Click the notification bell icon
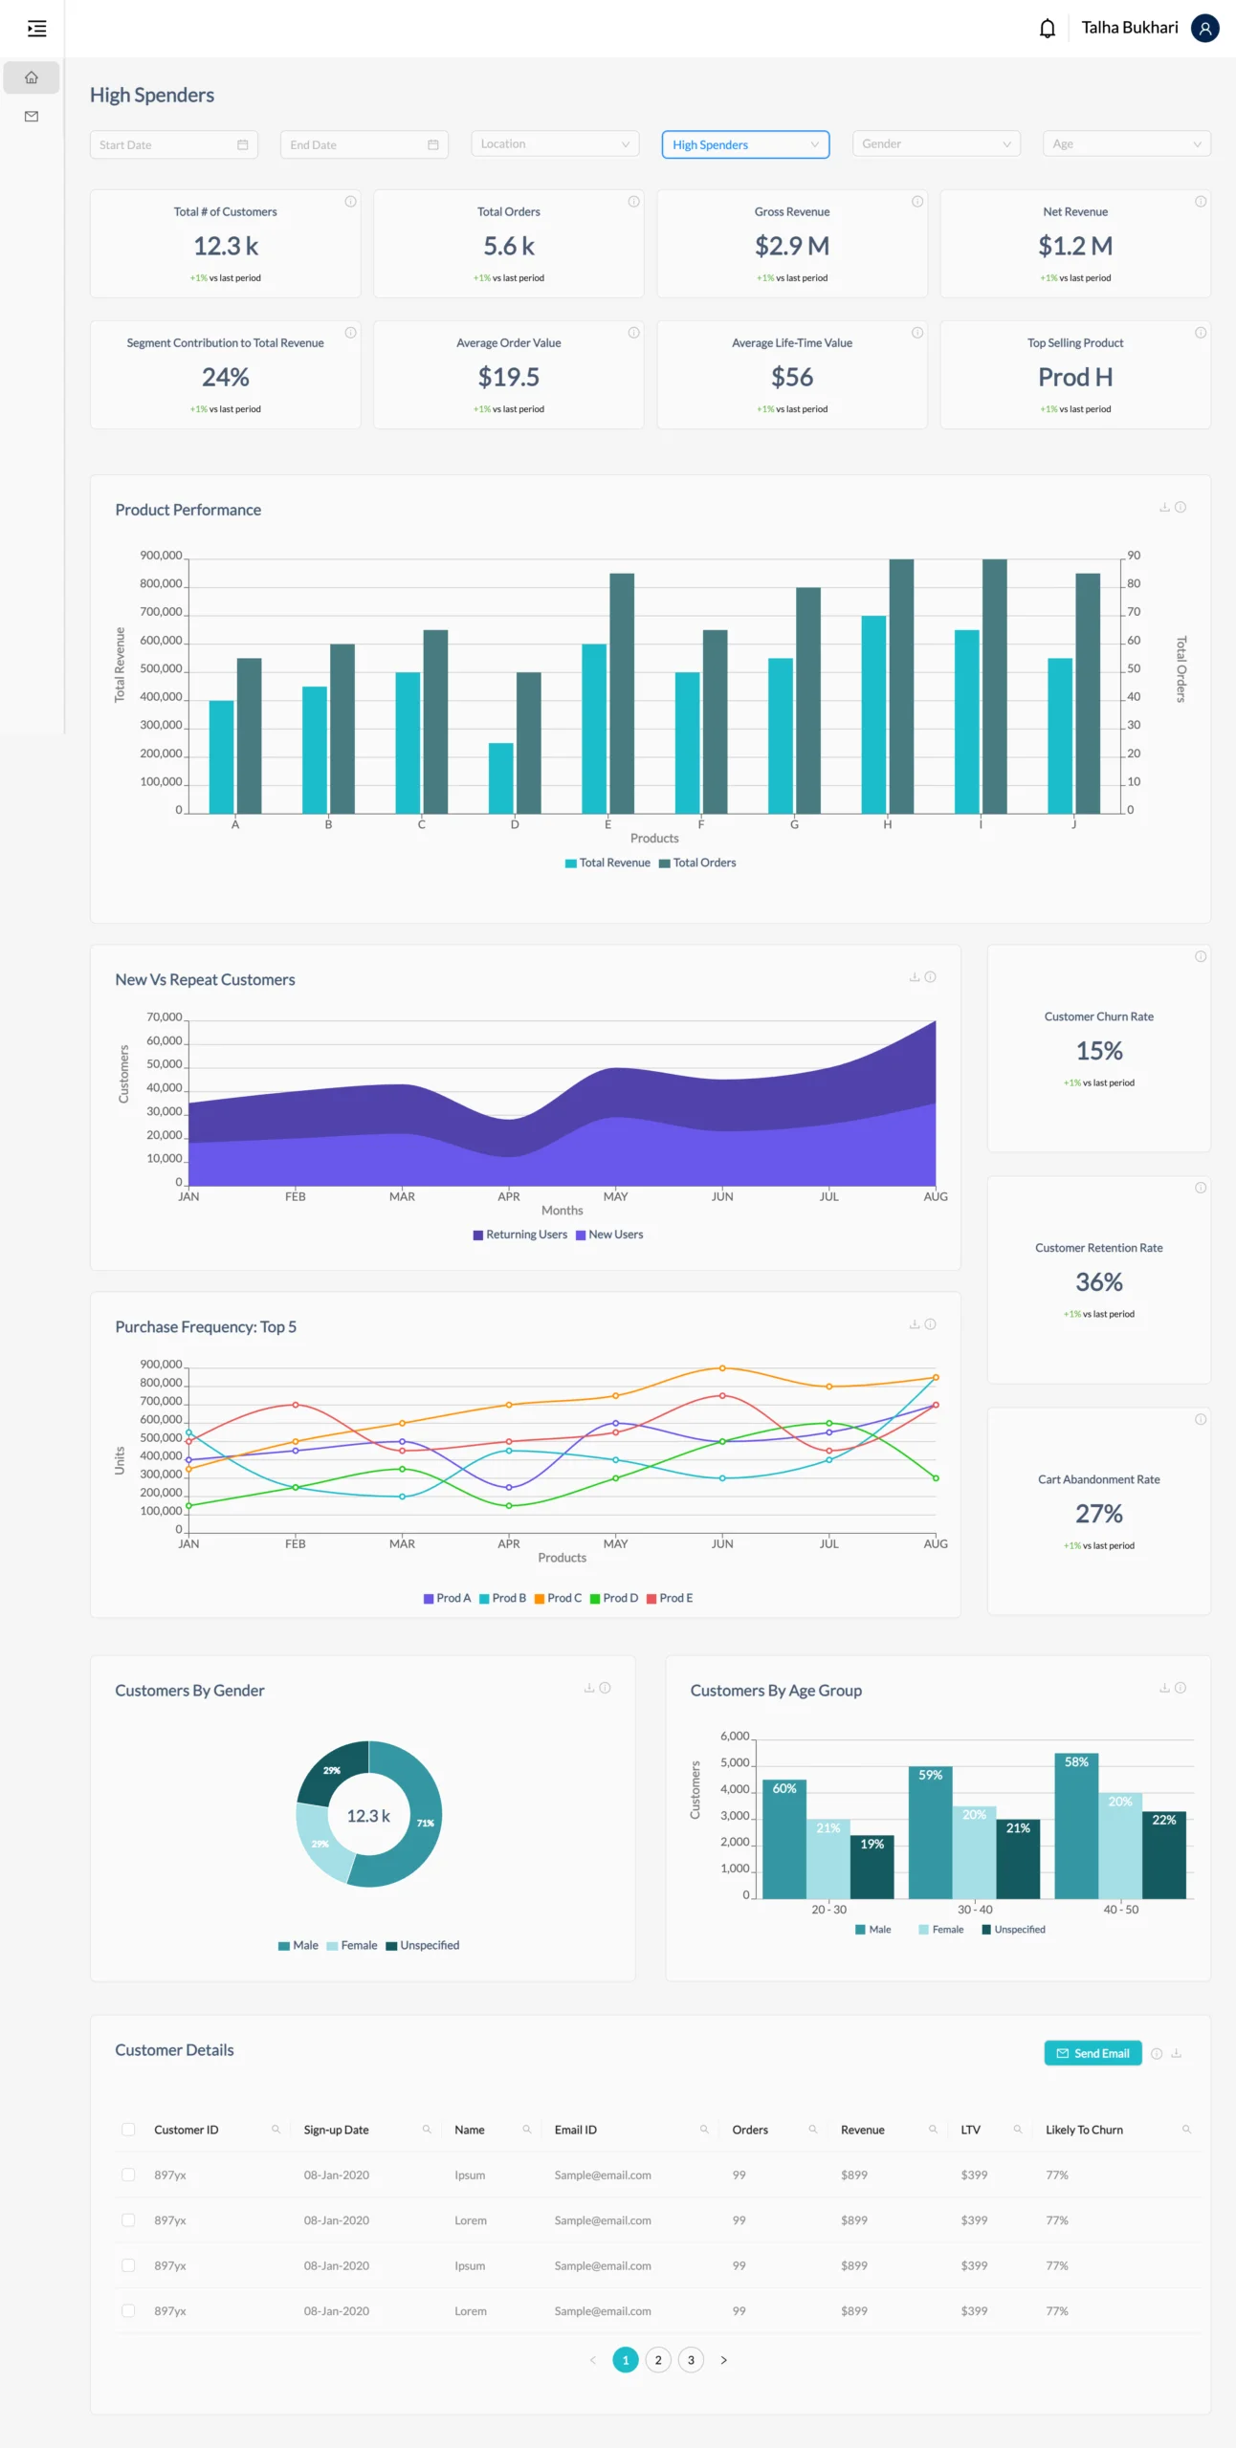click(1047, 29)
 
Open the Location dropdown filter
click(555, 144)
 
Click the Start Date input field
click(172, 145)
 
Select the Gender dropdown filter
click(935, 144)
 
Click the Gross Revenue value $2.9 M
click(791, 247)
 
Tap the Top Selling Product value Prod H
click(1074, 378)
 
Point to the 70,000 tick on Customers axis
click(164, 1017)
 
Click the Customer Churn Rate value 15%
click(1098, 1051)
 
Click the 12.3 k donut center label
click(368, 1815)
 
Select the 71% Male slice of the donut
click(424, 1824)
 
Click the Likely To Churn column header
click(1083, 2130)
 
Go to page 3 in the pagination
click(691, 2360)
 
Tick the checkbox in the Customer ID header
click(128, 2130)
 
